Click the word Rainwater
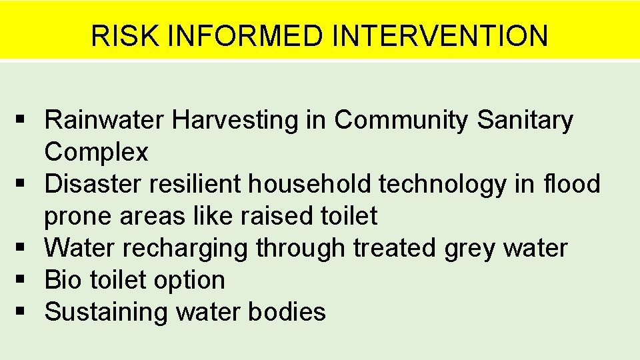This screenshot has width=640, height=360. click(105, 120)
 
